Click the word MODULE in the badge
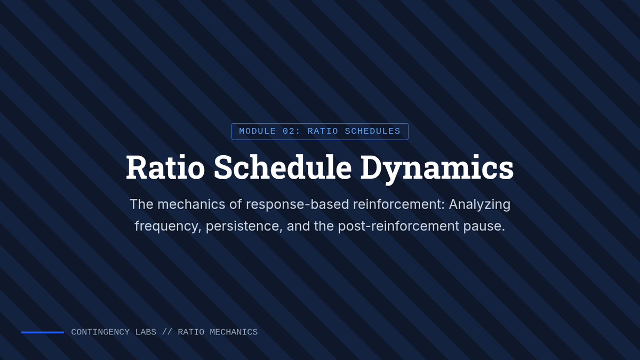coord(258,131)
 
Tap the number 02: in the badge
coord(292,131)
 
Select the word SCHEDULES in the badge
coord(373,131)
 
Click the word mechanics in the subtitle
coord(191,204)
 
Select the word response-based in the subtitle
coord(297,205)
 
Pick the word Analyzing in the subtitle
coord(479,205)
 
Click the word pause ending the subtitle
coord(484,227)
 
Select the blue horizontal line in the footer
coord(43,332)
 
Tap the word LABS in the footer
coord(146,332)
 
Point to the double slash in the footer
coord(167,332)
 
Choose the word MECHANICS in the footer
coord(234,332)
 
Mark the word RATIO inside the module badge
coord(323,131)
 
